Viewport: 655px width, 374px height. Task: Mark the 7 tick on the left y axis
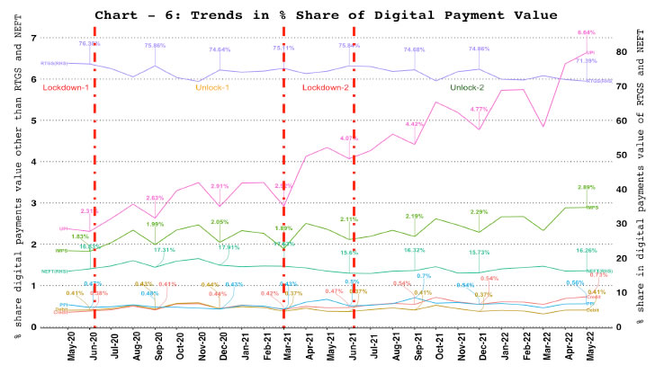[x=33, y=37]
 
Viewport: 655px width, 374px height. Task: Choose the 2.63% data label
[x=155, y=198]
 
